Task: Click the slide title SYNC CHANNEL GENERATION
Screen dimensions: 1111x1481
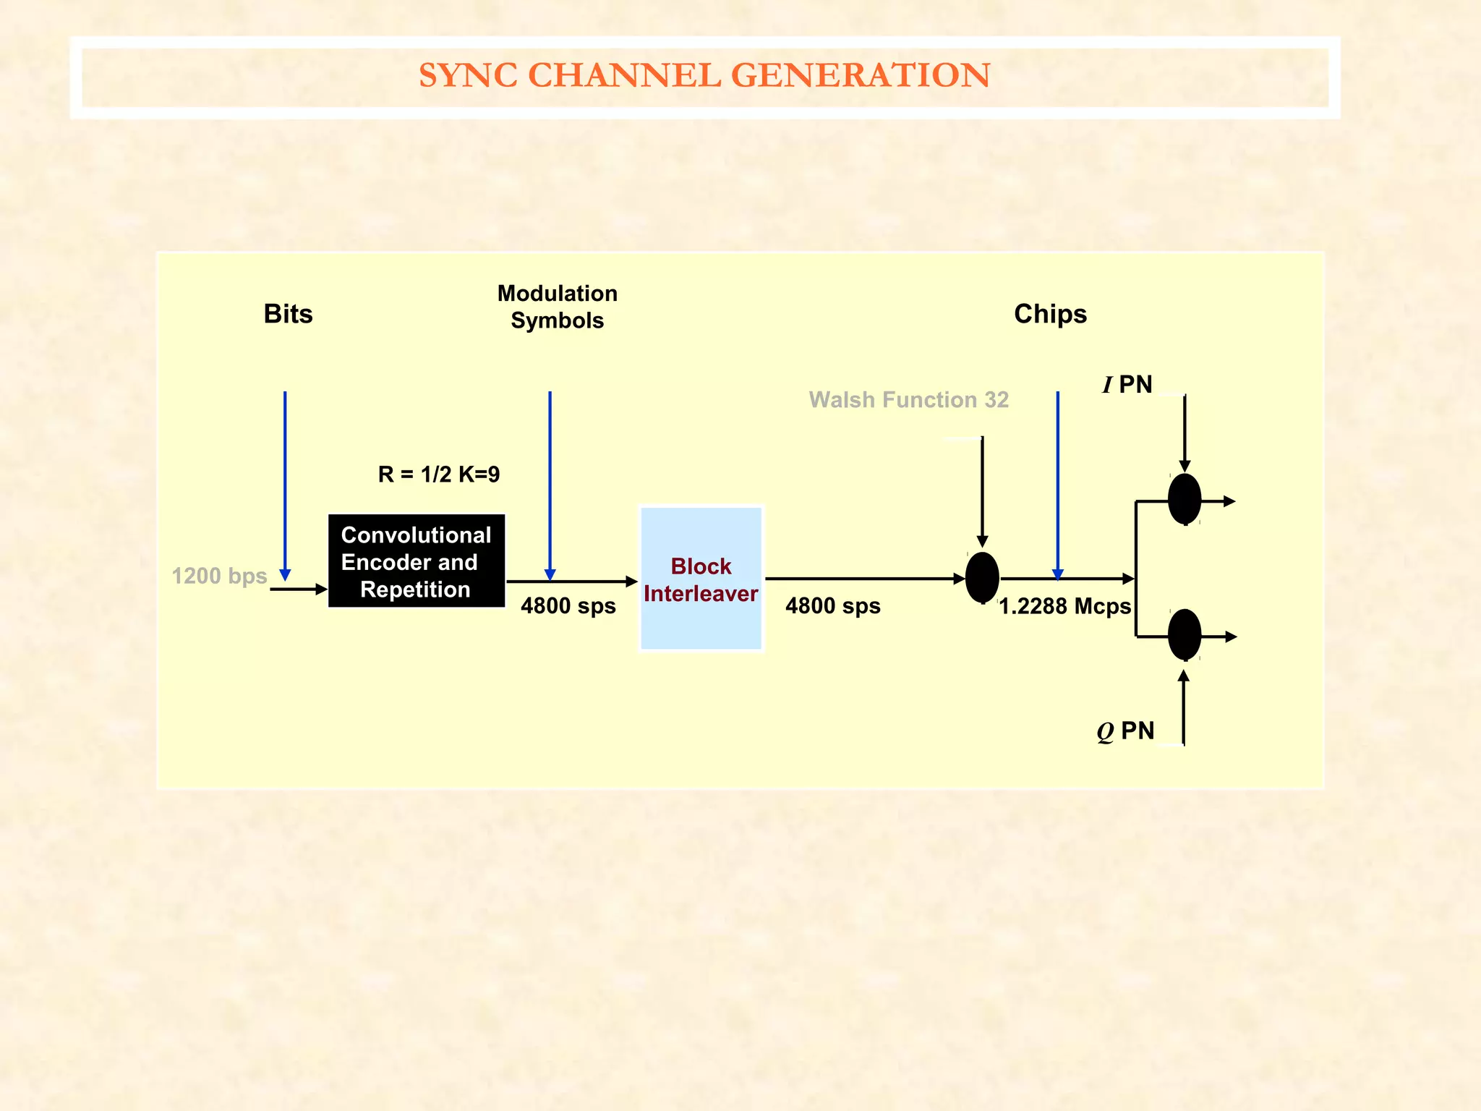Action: coord(704,75)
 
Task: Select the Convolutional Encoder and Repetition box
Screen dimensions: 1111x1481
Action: coord(416,561)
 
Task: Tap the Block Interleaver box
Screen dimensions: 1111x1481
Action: coord(701,579)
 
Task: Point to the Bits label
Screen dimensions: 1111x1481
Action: coord(288,314)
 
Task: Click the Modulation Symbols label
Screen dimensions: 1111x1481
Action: coord(557,307)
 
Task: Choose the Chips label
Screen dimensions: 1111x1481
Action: coord(1050,314)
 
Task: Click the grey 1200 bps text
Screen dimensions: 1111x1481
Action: coord(219,576)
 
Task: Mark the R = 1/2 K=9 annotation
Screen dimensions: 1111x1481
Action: coord(438,474)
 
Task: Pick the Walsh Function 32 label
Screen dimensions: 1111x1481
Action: coord(908,400)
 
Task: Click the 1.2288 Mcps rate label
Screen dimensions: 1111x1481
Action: coord(1064,606)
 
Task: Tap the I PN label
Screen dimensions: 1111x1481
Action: coord(1127,385)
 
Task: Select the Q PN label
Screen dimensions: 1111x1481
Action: coord(1125,731)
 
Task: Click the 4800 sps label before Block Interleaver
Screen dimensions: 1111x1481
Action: coord(568,606)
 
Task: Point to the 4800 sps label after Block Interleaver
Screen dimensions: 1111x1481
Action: coord(832,606)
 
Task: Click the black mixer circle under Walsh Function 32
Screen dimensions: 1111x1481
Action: coord(982,577)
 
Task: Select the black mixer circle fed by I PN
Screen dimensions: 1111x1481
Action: coord(1185,499)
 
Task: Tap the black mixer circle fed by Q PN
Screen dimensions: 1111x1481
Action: coord(1185,634)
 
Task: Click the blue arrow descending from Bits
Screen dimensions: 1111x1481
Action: coord(285,485)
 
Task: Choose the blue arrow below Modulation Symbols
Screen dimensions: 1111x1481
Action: coord(550,485)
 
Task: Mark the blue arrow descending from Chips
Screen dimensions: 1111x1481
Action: coord(1057,485)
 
